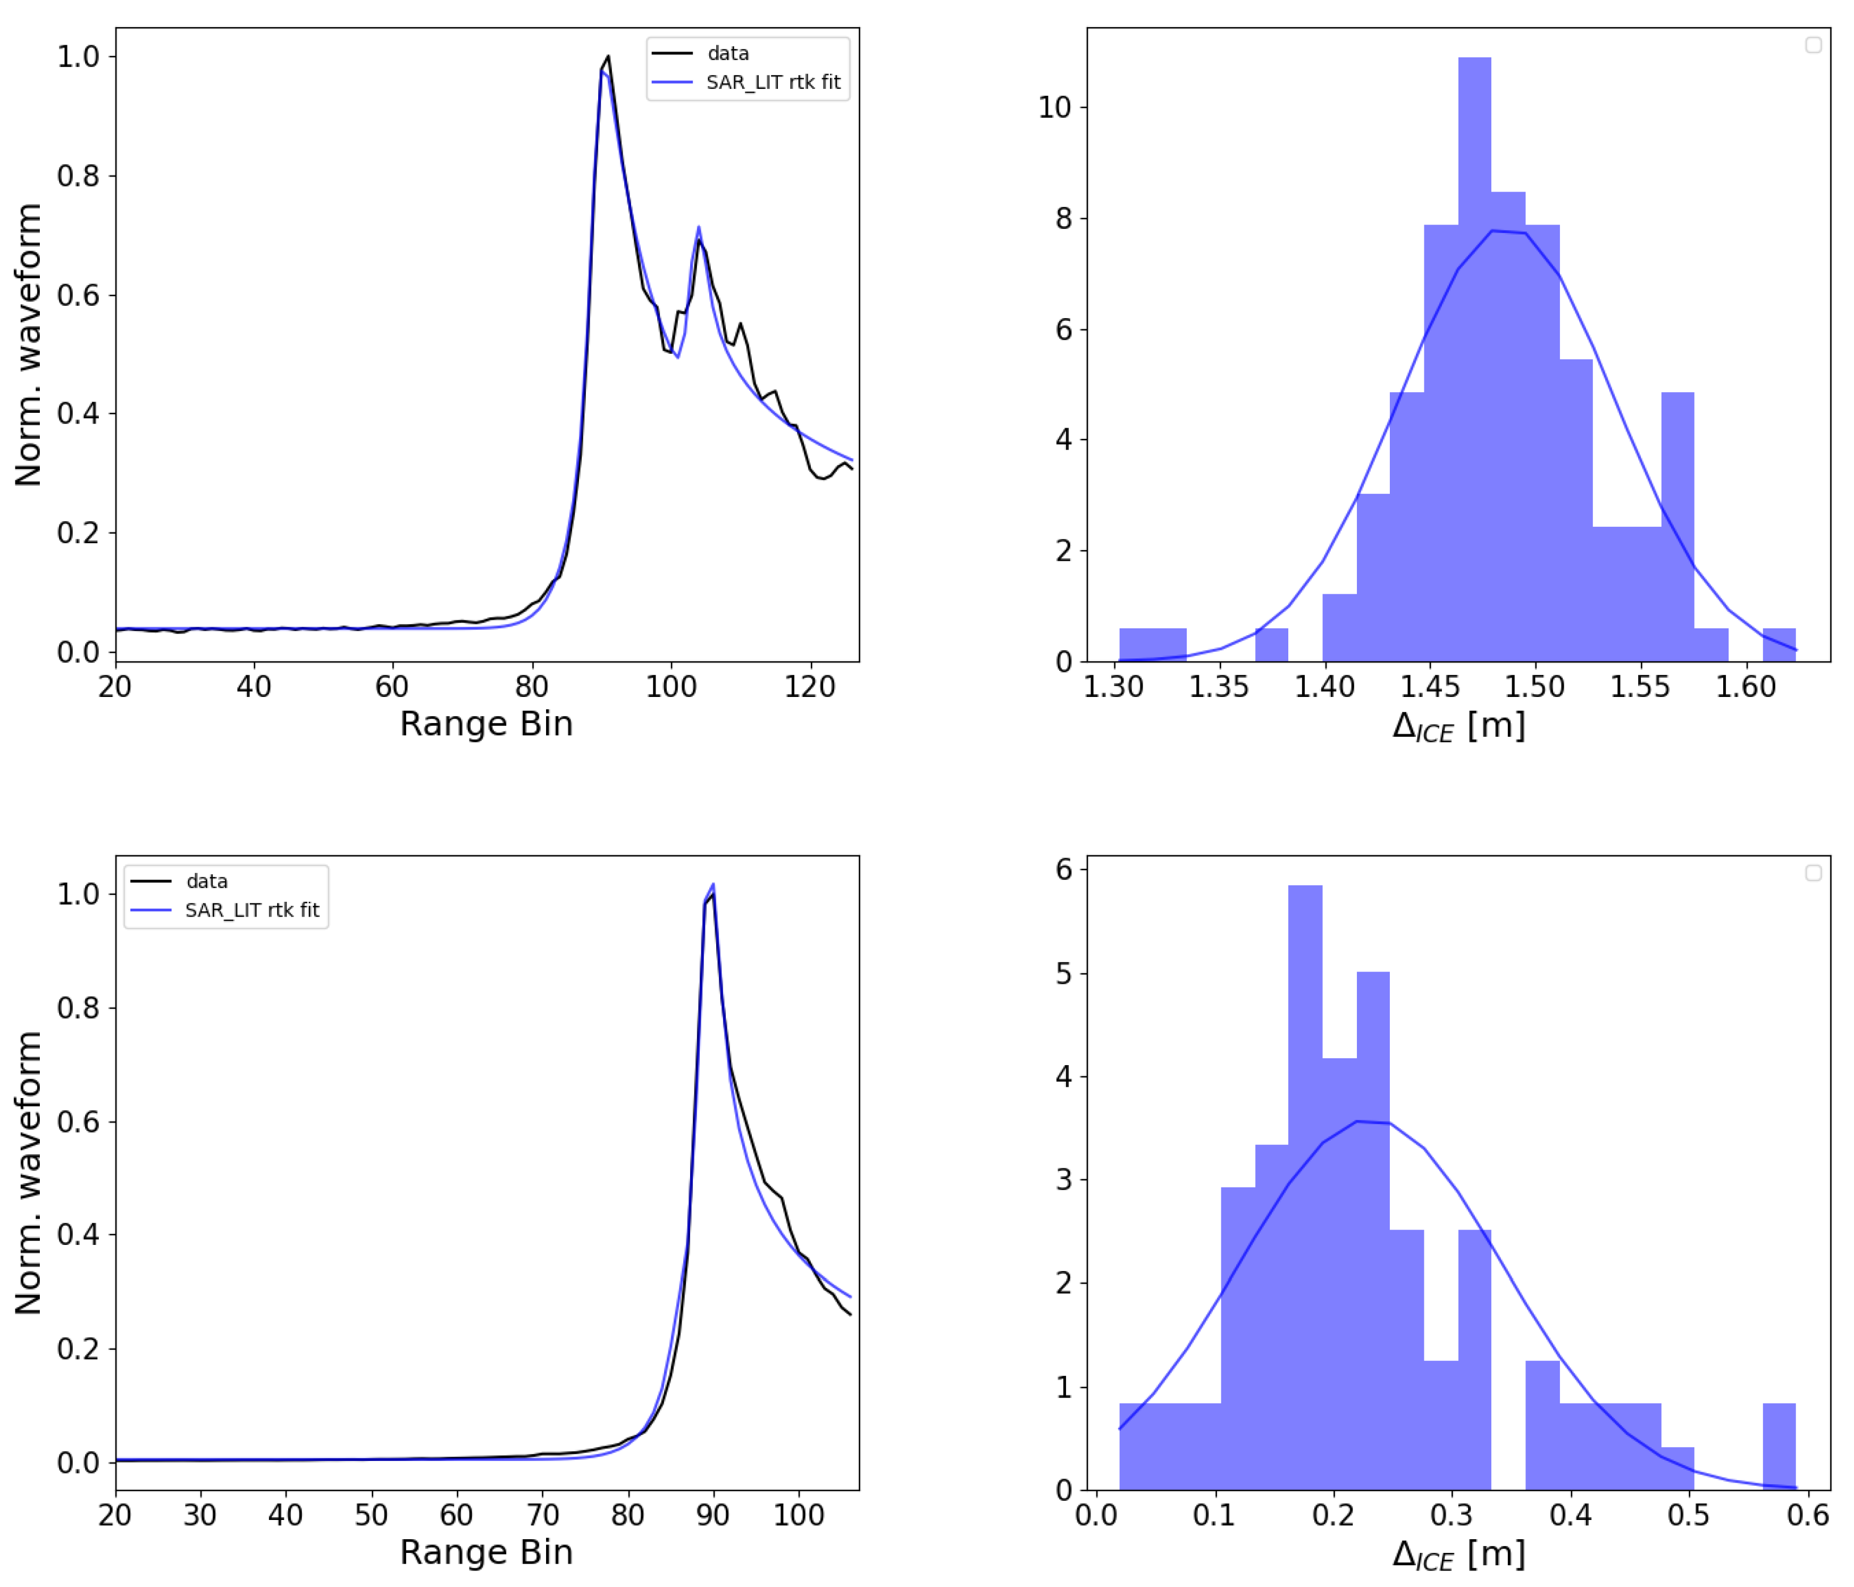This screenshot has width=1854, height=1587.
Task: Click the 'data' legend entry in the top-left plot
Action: pos(727,54)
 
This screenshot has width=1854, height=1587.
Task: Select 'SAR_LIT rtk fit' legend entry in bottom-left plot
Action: pos(251,910)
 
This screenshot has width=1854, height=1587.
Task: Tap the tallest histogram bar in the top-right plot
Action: pos(1474,358)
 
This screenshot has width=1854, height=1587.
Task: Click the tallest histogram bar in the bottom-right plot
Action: pos(1305,1191)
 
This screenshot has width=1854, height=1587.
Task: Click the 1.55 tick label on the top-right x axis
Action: pos(1640,687)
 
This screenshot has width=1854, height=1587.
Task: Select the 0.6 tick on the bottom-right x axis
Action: pos(1807,1515)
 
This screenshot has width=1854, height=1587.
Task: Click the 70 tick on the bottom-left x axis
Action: pos(542,1515)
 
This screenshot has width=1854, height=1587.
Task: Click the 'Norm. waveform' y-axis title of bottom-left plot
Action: pos(29,1173)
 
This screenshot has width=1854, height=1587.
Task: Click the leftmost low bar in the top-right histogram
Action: pos(1153,644)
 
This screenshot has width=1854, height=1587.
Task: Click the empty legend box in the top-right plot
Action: pos(1813,45)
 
